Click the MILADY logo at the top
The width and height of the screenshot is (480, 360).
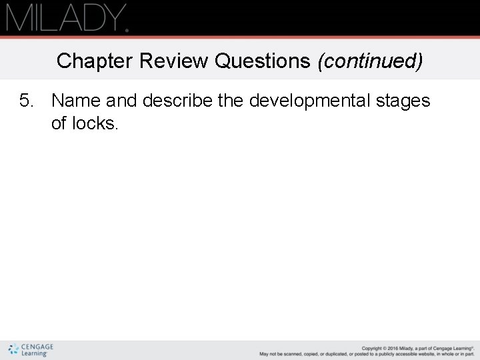pyautogui.click(x=67, y=17)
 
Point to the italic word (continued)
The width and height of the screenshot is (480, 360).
pyautogui.click(x=370, y=61)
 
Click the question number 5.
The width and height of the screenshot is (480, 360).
pyautogui.click(x=26, y=101)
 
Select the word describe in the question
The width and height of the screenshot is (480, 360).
pyautogui.click(x=177, y=101)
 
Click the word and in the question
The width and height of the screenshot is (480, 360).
pyautogui.click(x=121, y=101)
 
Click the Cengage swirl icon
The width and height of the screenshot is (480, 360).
pyautogui.click(x=13, y=349)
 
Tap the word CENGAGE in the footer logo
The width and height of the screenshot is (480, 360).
pyautogui.click(x=37, y=347)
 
